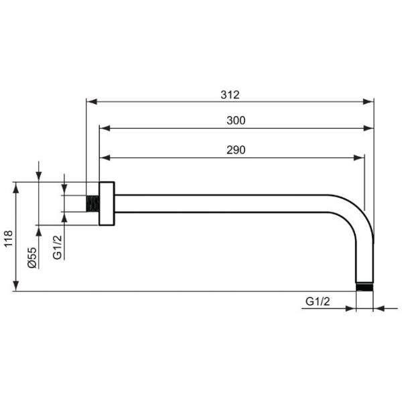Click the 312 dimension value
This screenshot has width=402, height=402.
point(230,95)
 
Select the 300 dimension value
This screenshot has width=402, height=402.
point(236,121)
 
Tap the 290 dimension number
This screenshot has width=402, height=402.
point(236,150)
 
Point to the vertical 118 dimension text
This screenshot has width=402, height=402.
point(8,239)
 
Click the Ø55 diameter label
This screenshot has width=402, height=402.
point(32,258)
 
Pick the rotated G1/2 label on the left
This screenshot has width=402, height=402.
point(58,247)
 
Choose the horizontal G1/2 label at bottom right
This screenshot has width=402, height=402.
point(318,301)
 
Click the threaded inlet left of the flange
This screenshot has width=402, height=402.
point(92,204)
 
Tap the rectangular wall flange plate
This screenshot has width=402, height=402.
point(107,204)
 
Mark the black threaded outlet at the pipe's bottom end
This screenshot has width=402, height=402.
point(364,287)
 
